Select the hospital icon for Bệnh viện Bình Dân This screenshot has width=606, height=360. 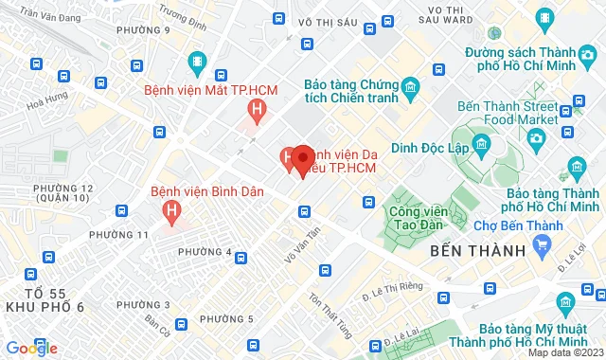(x=171, y=211)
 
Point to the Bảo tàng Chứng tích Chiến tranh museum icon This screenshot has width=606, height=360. (x=411, y=91)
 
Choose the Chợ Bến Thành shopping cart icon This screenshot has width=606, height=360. (x=542, y=246)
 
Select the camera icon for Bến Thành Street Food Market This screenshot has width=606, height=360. (x=536, y=139)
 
